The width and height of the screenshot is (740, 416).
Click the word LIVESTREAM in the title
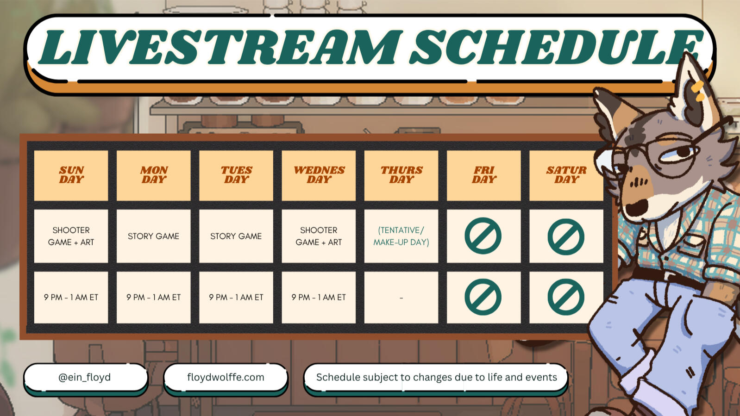pos(220,47)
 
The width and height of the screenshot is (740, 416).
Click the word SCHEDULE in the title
pos(557,47)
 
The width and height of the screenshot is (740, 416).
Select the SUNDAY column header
pos(71,175)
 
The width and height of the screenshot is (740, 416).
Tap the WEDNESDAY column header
pos(319,175)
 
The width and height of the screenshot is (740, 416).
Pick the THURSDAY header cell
pos(401,175)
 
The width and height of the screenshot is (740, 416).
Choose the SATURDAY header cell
pos(566,175)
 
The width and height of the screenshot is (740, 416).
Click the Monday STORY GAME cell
pos(154,236)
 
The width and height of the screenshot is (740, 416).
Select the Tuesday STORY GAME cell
pos(236,236)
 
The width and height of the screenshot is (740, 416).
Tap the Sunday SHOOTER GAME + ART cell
pos(71,236)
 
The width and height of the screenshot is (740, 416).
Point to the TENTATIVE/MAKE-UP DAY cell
pos(401,236)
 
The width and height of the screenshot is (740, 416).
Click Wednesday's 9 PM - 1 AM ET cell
pos(319,297)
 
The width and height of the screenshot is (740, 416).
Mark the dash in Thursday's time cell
pos(401,298)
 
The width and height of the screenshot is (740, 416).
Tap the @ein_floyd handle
pos(85,377)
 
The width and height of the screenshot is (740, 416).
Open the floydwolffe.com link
pos(226,377)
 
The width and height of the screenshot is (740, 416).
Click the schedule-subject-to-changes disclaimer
pos(436,377)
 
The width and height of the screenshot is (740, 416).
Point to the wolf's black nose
pos(636,207)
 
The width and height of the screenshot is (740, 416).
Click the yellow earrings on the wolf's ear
pos(697,91)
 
